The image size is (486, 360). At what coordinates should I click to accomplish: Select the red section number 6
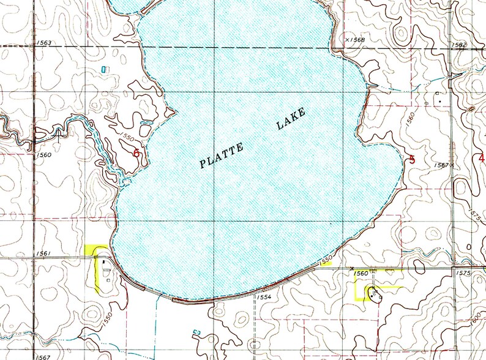[136, 152]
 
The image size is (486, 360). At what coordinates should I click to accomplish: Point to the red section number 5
[412, 160]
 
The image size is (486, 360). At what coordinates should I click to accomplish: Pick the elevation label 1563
[44, 42]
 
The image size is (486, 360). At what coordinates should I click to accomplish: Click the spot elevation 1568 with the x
[356, 40]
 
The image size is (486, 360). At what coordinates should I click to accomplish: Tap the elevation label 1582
[458, 45]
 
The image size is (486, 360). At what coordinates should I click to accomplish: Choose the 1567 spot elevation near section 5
[443, 165]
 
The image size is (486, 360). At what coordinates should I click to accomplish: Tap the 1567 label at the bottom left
[43, 356]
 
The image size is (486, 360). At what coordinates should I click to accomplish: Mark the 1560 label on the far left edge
[43, 156]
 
